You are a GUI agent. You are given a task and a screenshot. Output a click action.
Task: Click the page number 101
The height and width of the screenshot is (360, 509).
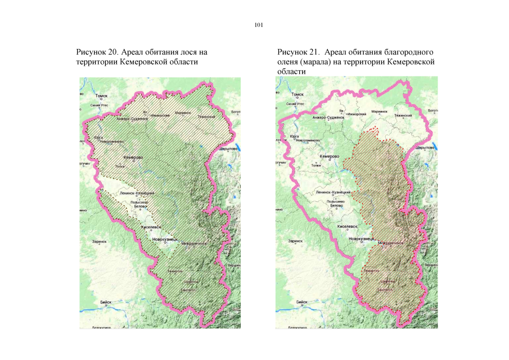tap(259, 25)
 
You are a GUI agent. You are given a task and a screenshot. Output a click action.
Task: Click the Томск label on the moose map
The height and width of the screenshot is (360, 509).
tap(101, 96)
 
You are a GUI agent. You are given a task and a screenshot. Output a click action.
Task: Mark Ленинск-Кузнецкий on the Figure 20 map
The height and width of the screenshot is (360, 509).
tap(137, 193)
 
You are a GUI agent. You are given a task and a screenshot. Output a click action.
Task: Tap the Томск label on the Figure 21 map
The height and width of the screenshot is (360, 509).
tap(298, 96)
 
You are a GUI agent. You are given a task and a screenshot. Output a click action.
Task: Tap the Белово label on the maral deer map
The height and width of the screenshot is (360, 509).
tap(336, 206)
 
